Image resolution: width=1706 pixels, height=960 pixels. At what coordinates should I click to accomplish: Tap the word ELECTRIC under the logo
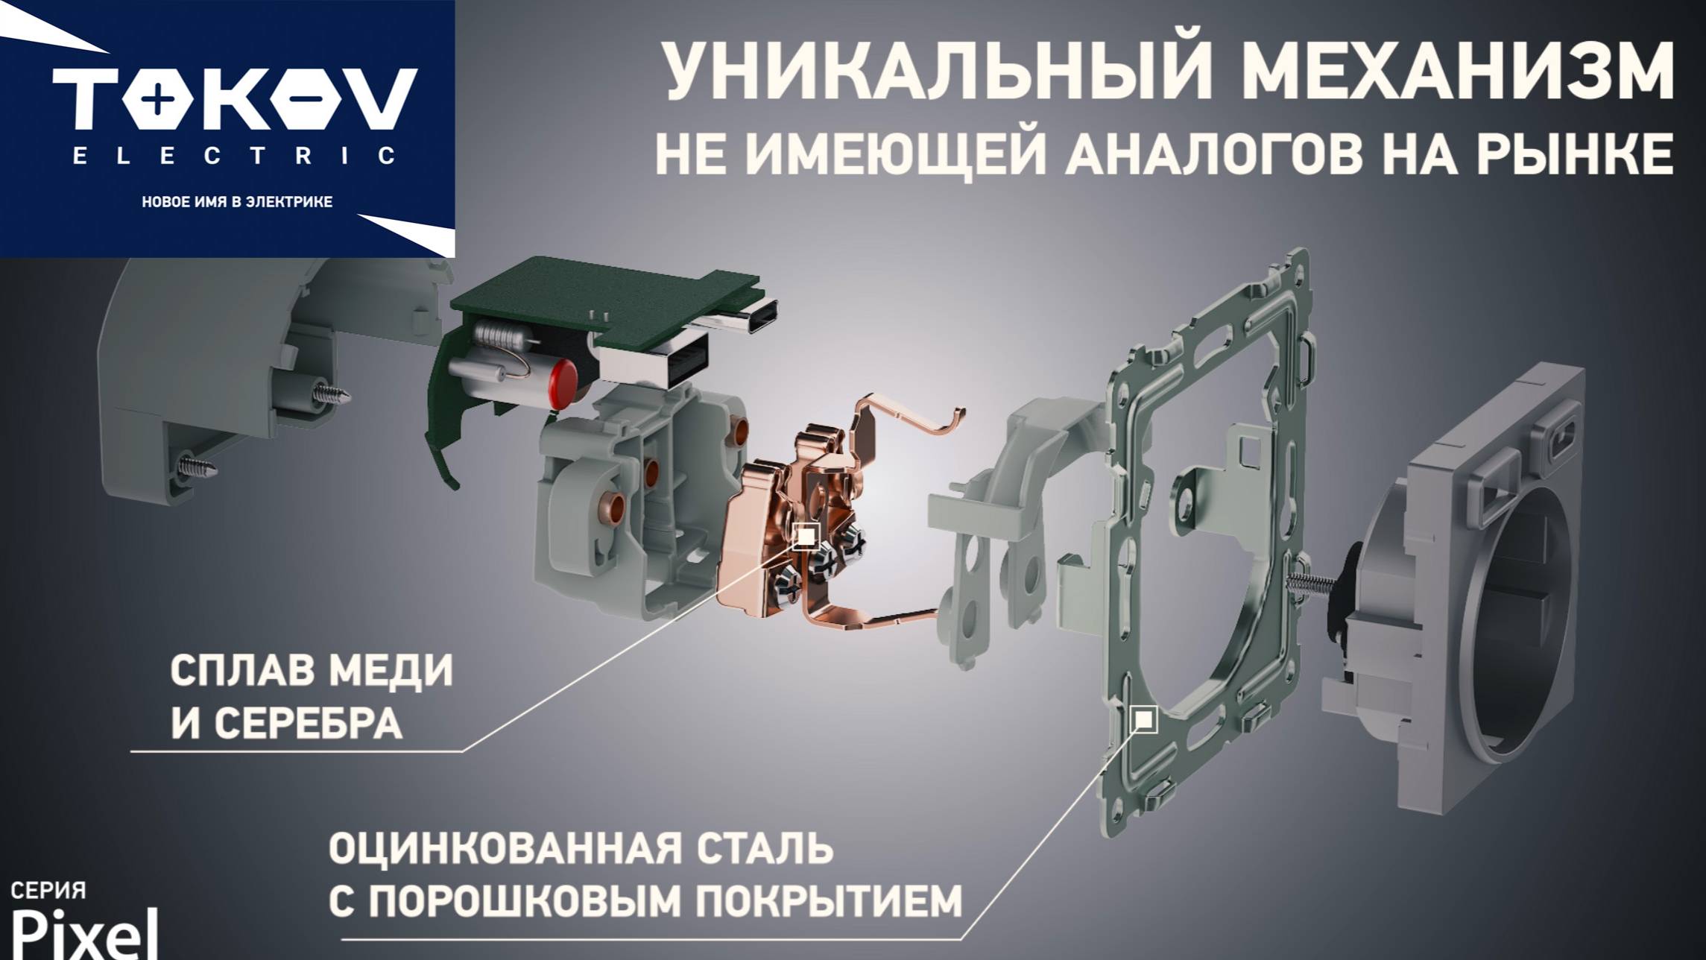pos(235,155)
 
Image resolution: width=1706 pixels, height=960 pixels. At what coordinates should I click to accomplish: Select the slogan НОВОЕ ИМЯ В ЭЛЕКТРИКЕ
pos(237,202)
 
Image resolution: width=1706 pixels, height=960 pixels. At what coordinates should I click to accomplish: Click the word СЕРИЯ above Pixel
pos(48,890)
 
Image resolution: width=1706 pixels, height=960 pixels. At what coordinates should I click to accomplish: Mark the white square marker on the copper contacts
pos(806,536)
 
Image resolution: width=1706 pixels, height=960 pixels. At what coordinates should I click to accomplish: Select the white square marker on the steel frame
pos(1144,719)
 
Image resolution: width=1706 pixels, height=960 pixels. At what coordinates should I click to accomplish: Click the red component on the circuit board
pos(563,383)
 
